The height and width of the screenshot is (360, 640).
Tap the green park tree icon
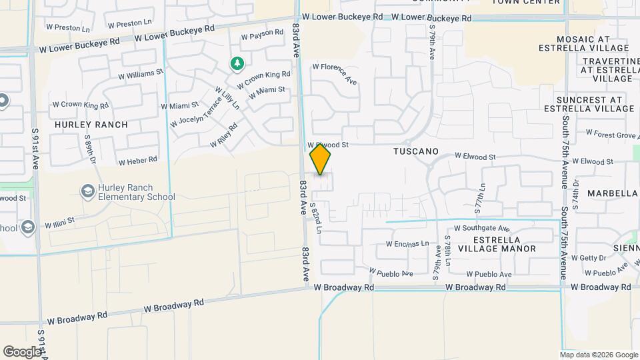[x=237, y=64]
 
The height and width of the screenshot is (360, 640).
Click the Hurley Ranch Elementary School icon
[x=87, y=192]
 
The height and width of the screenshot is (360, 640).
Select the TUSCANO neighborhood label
[x=416, y=151]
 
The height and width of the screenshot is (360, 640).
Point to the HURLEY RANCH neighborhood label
[x=82, y=125]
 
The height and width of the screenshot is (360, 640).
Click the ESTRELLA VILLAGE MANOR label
[x=505, y=244]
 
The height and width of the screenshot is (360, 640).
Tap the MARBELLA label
[x=613, y=193]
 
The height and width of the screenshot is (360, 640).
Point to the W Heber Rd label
[x=138, y=161]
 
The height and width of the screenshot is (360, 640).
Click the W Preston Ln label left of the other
[x=67, y=29]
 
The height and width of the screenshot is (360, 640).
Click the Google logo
[x=22, y=351]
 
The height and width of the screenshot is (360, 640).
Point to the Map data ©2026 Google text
[x=599, y=355]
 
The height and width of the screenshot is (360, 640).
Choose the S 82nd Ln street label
[x=316, y=219]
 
